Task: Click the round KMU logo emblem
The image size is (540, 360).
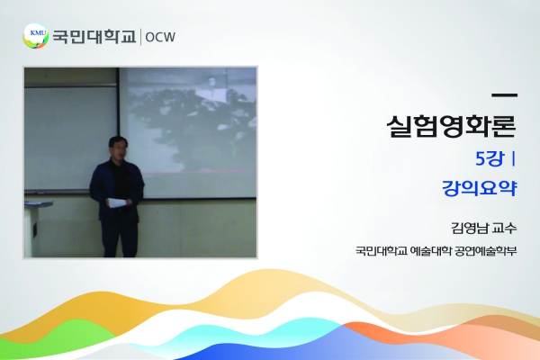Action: (x=36, y=36)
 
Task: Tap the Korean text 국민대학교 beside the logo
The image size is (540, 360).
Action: (x=94, y=36)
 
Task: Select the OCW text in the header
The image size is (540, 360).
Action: (x=160, y=37)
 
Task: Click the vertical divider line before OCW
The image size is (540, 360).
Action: (x=140, y=37)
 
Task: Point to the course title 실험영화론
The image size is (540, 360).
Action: (x=451, y=126)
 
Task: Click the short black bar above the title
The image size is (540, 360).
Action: (x=504, y=95)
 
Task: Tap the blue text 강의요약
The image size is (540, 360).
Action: (x=480, y=188)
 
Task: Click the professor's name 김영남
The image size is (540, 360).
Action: (x=468, y=228)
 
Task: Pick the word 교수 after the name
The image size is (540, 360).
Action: (x=504, y=228)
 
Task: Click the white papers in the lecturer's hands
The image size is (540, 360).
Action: (x=117, y=202)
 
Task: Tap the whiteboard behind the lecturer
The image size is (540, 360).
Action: (x=70, y=138)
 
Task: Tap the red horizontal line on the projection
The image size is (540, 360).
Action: (x=199, y=171)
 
